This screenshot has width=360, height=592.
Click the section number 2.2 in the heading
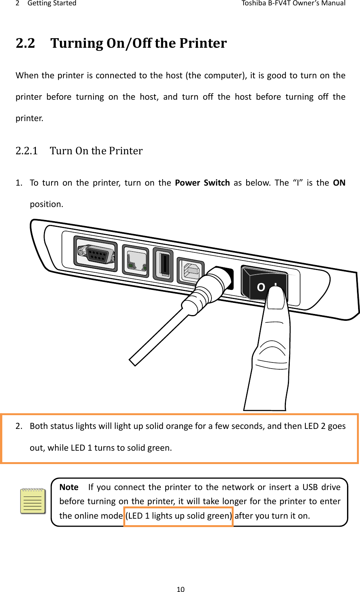pyautogui.click(x=25, y=43)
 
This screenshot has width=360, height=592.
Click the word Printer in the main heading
pyautogui.click(x=203, y=43)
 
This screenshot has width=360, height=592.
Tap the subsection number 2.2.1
pyautogui.click(x=26, y=151)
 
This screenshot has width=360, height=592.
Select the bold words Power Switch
pyautogui.click(x=202, y=183)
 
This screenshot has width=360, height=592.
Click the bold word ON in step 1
pyautogui.click(x=339, y=183)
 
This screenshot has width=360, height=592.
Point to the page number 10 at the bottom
pyautogui.click(x=180, y=589)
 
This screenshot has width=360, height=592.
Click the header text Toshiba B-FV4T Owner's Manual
pyautogui.click(x=293, y=3)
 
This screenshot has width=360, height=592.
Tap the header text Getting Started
pyautogui.click(x=52, y=3)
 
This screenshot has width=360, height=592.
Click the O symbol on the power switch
pyautogui.click(x=261, y=287)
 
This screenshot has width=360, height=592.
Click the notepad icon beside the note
pyautogui.click(x=33, y=501)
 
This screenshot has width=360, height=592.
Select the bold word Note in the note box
pyautogui.click(x=69, y=487)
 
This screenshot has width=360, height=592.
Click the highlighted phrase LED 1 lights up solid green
pyautogui.click(x=179, y=516)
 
